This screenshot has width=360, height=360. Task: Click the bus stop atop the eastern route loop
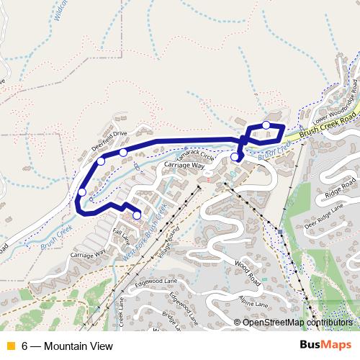click(266, 125)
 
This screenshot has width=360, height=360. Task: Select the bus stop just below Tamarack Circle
click(235, 157)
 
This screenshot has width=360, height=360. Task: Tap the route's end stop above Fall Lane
click(137, 215)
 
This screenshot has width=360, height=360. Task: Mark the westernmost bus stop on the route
click(83, 192)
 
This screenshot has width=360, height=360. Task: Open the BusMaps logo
click(326, 346)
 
